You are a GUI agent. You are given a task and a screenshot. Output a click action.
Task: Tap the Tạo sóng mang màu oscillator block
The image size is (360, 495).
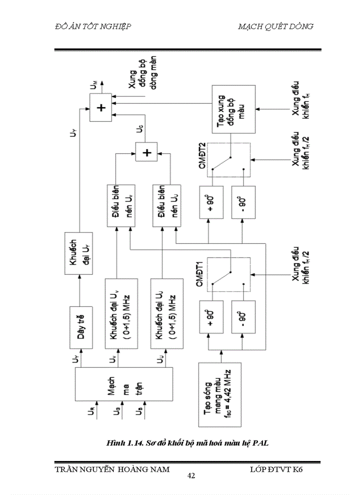click(x=220, y=395)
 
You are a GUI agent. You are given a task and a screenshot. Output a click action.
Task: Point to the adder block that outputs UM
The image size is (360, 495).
click(x=101, y=107)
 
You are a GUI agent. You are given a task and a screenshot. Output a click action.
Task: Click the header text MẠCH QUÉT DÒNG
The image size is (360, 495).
click(x=276, y=26)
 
